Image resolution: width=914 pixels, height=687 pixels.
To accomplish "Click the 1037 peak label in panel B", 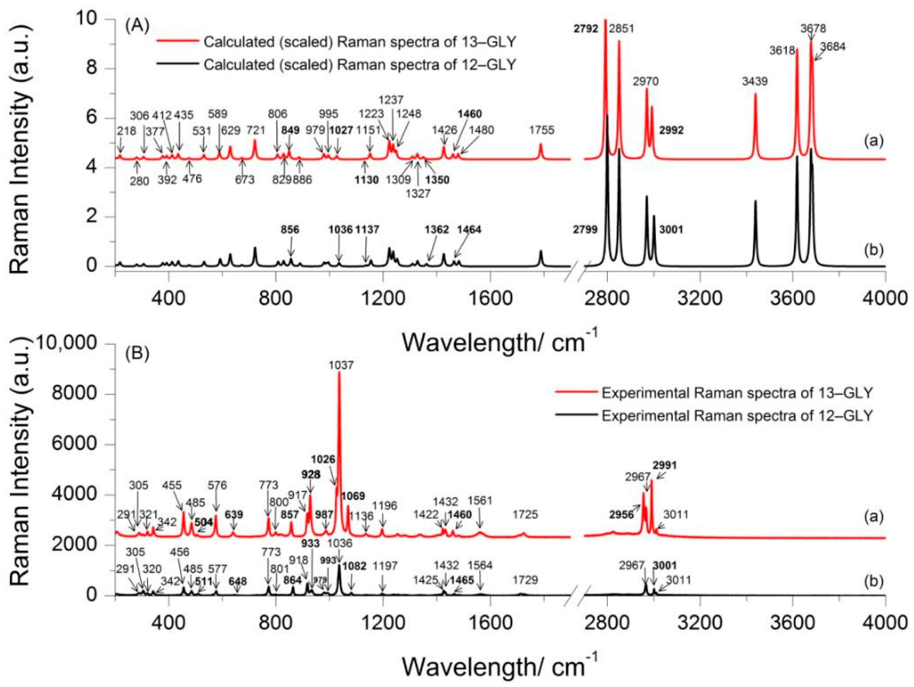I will [341, 365].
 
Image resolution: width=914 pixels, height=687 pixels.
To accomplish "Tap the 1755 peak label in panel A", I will [541, 131].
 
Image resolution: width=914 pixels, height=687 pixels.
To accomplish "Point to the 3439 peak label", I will [755, 81].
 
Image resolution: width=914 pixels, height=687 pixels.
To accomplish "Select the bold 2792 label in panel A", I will [586, 29].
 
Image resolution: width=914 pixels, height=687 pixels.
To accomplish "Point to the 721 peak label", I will [256, 131].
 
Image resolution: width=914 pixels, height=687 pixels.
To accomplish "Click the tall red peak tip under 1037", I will [339, 373].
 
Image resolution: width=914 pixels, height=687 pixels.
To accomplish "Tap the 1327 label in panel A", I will [418, 193].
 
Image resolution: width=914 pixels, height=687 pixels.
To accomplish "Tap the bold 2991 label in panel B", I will [665, 466].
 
